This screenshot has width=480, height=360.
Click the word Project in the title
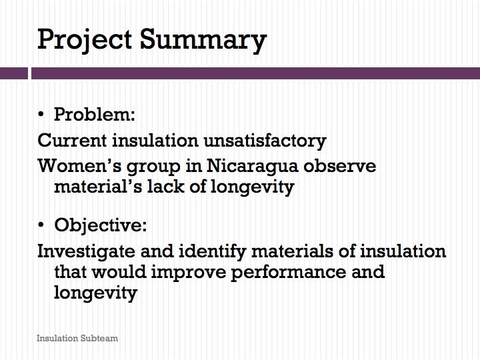point(85,40)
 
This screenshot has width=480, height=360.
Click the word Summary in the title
point(203,40)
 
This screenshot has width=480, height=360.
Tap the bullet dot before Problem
point(41,115)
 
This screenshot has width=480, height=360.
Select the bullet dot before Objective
point(41,225)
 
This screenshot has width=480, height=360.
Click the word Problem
point(94,115)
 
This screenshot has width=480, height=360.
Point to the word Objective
point(101,226)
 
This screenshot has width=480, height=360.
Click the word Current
point(72,141)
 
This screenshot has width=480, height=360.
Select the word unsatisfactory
point(265,141)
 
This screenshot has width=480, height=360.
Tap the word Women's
point(80,166)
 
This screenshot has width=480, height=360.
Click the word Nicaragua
point(252,167)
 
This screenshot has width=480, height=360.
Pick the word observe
point(340,166)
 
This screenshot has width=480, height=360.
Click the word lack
point(165,186)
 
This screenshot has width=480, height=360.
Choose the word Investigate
point(86,252)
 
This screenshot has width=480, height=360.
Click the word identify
point(213,252)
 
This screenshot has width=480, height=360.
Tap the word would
point(119,271)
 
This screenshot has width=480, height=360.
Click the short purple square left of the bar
point(14,73)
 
